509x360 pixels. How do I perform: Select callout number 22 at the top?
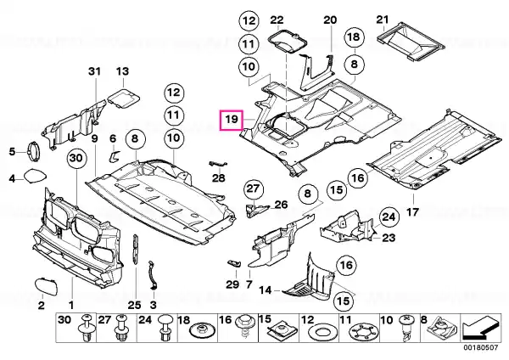click(x=277, y=20)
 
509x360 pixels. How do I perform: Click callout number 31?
click(x=93, y=71)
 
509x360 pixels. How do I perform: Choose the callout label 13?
click(x=121, y=71)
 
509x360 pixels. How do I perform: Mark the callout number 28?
click(x=219, y=177)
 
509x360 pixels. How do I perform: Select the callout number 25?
click(x=132, y=304)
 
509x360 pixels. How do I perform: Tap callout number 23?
click(x=389, y=239)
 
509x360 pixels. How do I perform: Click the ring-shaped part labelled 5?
click(x=36, y=151)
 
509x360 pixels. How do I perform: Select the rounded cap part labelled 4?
click(x=34, y=177)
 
